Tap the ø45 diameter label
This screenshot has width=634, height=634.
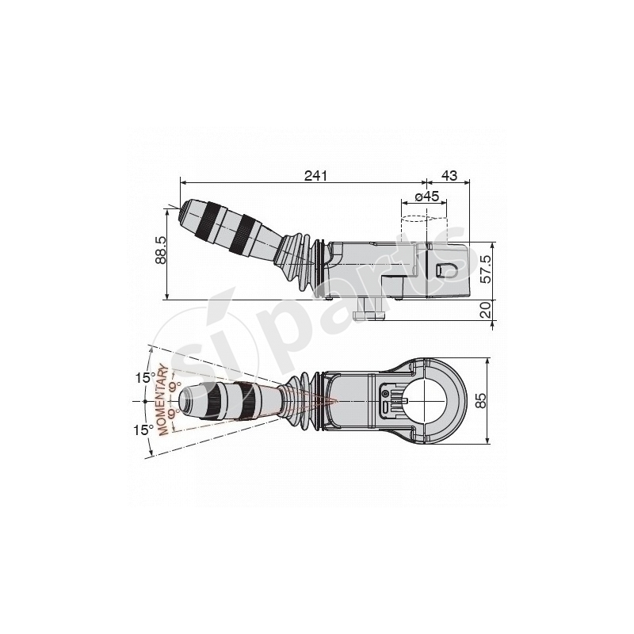pos(427,196)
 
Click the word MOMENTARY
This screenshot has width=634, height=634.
pos(167,401)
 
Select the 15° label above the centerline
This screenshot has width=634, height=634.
pos(143,378)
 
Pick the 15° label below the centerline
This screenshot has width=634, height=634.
pos(143,430)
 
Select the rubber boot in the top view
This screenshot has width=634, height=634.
pos(304,402)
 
